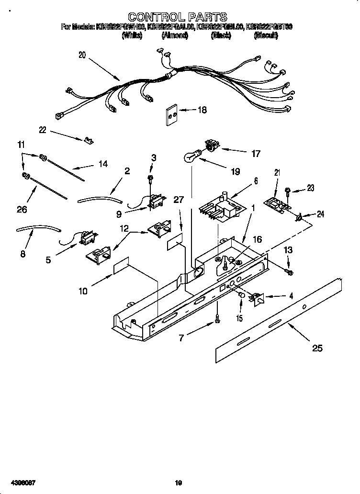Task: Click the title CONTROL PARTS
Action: tap(178, 18)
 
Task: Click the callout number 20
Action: tap(82, 55)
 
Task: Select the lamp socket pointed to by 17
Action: tap(210, 145)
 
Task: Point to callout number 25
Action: tap(317, 348)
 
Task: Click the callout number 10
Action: tap(82, 291)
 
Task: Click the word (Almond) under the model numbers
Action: tap(174, 35)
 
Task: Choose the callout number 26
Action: tap(22, 209)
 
